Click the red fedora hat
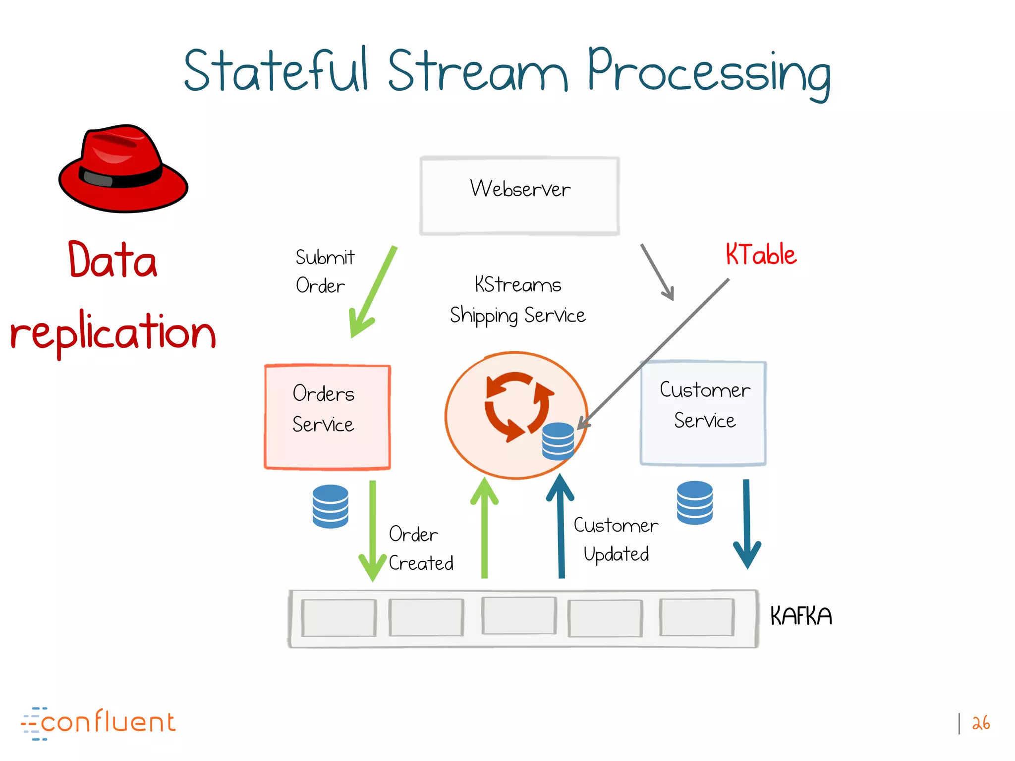123,168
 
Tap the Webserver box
519,196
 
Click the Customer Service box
703,413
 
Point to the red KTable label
761,255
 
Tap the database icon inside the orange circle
558,441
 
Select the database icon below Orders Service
331,506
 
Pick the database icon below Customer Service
694,502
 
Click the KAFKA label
800,616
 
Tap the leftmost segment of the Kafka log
338,618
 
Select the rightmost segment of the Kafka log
696,617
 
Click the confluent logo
99,722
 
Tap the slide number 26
980,723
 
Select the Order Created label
420,548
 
